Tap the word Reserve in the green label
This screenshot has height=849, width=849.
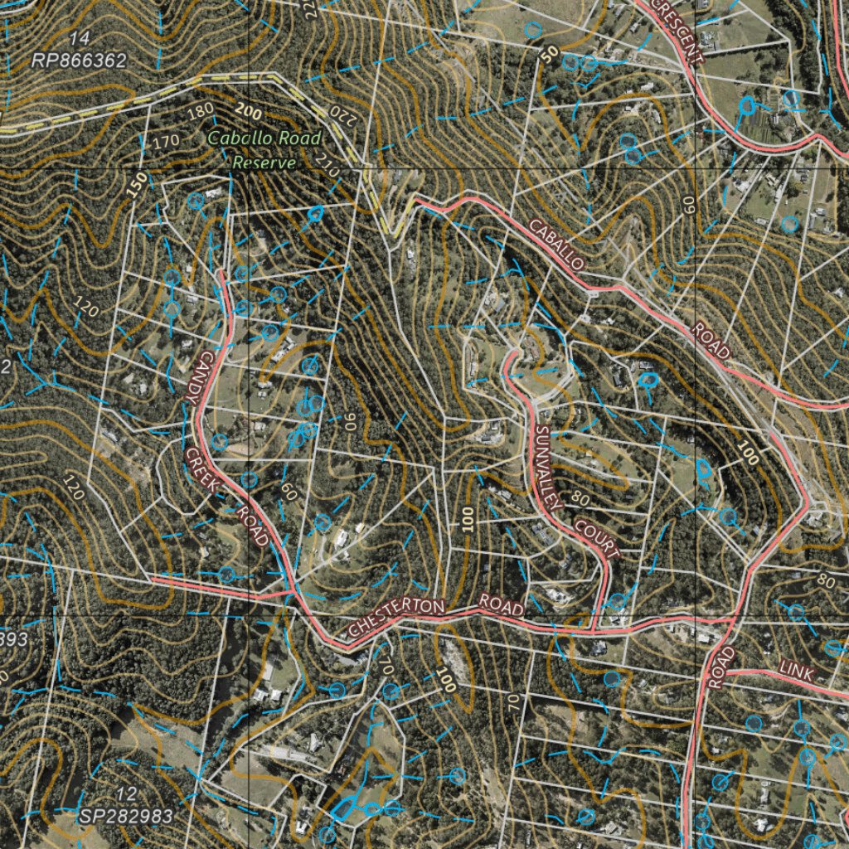click(x=264, y=163)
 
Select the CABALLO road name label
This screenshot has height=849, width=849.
click(x=558, y=244)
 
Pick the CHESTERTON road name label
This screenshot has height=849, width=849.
click(x=396, y=618)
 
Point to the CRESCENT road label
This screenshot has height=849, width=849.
click(x=677, y=32)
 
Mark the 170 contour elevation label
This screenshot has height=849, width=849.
click(x=165, y=142)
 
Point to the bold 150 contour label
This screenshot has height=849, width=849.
click(x=138, y=185)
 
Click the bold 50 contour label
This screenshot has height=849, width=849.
click(x=549, y=54)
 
